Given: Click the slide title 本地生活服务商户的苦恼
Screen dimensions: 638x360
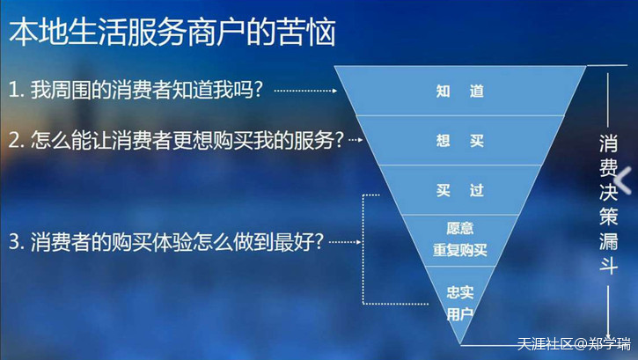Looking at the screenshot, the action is (172, 32).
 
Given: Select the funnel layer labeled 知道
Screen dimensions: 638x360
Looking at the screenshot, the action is (460, 91).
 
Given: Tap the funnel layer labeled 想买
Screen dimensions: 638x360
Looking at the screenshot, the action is (460, 140).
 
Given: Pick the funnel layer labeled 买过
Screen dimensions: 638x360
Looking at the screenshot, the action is (460, 190).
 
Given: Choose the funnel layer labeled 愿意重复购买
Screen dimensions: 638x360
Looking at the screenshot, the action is (460, 240).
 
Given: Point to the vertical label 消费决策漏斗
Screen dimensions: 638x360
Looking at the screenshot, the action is (608, 204).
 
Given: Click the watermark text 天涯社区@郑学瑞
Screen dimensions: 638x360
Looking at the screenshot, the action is (574, 344).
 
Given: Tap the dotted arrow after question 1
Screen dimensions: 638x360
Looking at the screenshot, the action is (305, 91).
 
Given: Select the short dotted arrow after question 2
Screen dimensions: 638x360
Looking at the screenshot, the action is (356, 140).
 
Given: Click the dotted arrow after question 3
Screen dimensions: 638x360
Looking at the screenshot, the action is (345, 242).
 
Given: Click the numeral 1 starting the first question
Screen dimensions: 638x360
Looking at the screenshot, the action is (12, 91).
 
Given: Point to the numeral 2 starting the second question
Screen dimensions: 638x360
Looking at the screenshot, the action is (14, 140).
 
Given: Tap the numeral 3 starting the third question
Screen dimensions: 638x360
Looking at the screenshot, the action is (14, 242).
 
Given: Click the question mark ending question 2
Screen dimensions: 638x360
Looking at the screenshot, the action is (340, 140).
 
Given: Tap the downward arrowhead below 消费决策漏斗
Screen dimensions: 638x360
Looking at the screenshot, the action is (608, 336).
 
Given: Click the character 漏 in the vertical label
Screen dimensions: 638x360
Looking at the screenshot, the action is (608, 241).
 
